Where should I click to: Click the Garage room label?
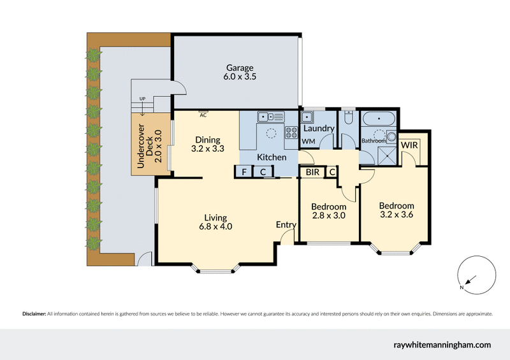[x=239, y=72]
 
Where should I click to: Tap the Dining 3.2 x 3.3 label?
[x=208, y=145]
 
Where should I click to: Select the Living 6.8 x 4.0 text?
[x=216, y=221]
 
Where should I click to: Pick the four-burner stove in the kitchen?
[x=291, y=133]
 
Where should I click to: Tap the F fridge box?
[x=243, y=171]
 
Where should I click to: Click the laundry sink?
[x=307, y=117]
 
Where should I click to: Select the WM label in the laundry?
[x=309, y=141]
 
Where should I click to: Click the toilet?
[x=348, y=118]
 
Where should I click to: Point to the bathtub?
[x=378, y=119]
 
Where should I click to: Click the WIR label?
[x=409, y=145]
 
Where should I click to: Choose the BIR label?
[x=312, y=172]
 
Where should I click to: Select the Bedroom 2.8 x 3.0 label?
[x=329, y=212]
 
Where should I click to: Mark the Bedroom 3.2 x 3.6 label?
[x=397, y=210]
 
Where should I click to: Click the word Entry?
[x=286, y=224]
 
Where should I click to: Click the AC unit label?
[x=203, y=115]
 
